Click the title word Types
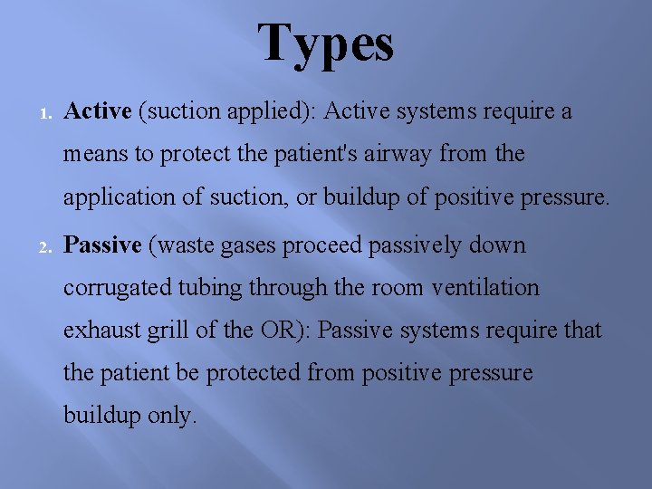(x=326, y=43)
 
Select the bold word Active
(x=99, y=111)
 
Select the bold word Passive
(x=103, y=245)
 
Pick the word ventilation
(x=485, y=288)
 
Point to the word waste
(x=185, y=245)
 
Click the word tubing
(x=214, y=289)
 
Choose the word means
(x=96, y=155)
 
